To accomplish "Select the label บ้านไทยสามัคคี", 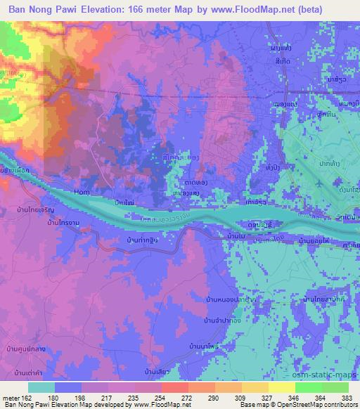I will (x=334, y=299).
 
